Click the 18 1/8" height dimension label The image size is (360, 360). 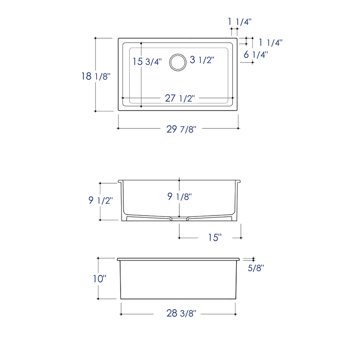point(96,76)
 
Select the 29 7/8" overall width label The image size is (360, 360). point(181,129)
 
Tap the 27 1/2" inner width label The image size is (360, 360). point(180,98)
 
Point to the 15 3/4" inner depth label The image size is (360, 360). point(147,61)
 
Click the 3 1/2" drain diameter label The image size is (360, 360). point(202,60)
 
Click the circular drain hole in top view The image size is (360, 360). point(178,63)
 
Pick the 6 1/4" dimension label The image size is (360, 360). point(256,54)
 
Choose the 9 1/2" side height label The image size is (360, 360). point(100,200)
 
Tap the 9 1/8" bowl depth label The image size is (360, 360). point(180,196)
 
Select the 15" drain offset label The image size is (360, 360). point(215,238)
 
